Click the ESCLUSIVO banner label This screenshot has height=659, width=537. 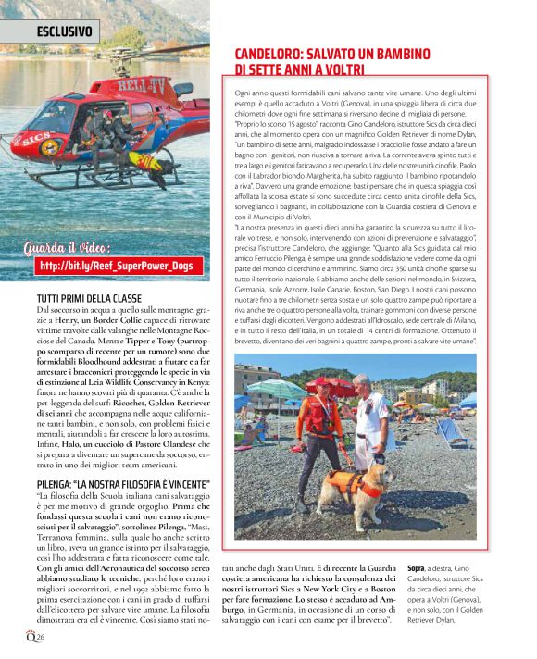coord(64,31)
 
